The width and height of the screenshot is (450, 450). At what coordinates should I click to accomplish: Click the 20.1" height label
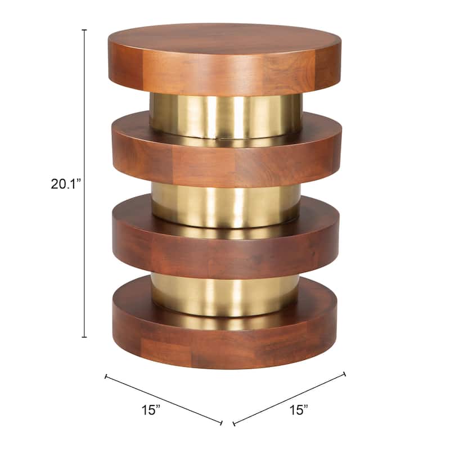pyautogui.click(x=66, y=184)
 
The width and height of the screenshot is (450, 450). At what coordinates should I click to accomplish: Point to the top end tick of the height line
pyautogui.click(x=84, y=30)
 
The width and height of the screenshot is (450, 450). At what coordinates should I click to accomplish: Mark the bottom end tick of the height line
pyautogui.click(x=84, y=337)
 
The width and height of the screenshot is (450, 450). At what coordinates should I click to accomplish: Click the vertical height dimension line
pyautogui.click(x=84, y=112)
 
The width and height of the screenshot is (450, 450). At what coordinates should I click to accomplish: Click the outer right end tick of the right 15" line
pyautogui.click(x=344, y=373)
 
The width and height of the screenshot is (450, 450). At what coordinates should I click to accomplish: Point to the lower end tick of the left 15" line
pyautogui.click(x=222, y=423)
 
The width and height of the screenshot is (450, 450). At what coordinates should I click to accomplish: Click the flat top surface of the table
pyautogui.click(x=225, y=39)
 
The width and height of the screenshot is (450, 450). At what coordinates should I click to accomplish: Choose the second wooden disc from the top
pyautogui.click(x=225, y=163)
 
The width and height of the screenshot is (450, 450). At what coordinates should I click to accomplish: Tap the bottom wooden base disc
pyautogui.click(x=225, y=343)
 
